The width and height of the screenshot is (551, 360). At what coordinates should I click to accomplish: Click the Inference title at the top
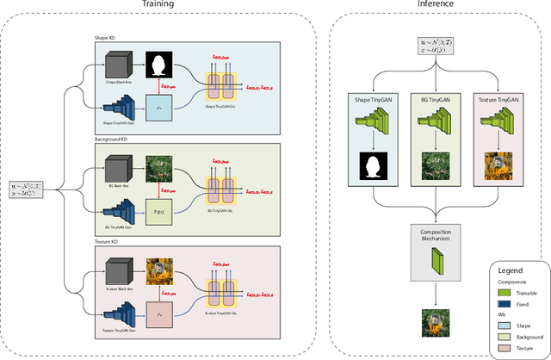click(x=436, y=5)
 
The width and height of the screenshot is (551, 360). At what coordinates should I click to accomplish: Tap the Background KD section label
click(x=113, y=139)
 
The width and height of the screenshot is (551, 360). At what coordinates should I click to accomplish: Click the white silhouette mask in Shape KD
click(x=158, y=64)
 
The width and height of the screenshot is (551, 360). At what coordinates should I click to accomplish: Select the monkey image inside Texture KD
click(x=158, y=270)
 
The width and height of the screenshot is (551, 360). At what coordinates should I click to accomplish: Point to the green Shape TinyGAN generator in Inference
click(x=373, y=130)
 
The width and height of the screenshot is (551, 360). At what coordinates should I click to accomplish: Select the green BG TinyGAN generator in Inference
click(x=436, y=130)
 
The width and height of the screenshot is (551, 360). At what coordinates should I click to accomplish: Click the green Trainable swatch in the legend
click(x=509, y=292)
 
